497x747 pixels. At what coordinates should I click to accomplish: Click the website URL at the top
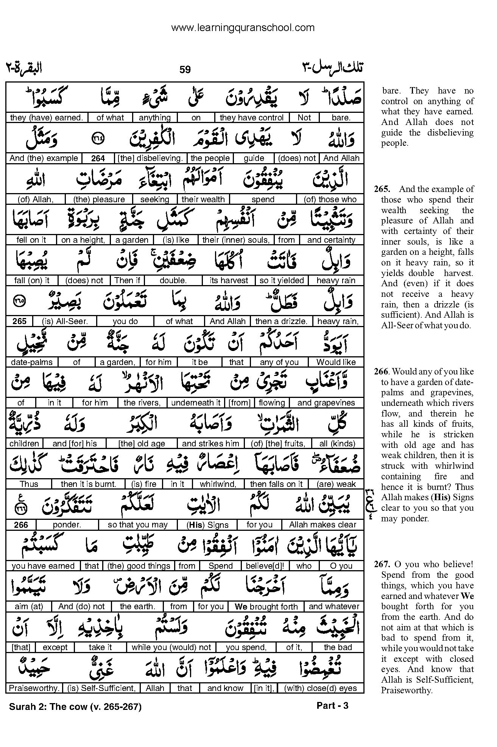coord(243,28)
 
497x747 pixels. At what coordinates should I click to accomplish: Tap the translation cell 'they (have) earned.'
coord(47,118)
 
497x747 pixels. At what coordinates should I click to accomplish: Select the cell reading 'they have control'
coord(251,118)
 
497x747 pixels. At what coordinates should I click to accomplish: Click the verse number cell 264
coord(98,159)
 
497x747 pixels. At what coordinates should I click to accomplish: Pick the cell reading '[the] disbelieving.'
coord(150,159)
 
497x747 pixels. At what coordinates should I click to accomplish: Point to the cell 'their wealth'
coord(203,200)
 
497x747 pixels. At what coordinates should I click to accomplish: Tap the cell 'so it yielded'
coord(282,281)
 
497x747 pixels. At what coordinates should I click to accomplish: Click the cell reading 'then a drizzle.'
coord(280,321)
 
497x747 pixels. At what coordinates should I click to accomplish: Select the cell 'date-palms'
coord(32,362)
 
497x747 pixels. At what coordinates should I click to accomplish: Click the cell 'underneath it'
coord(196,403)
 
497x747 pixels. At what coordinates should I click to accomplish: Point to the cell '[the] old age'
coord(142,444)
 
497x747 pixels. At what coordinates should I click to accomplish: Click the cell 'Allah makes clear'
coord(323,525)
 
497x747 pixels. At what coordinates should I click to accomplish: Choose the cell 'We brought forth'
coord(266,607)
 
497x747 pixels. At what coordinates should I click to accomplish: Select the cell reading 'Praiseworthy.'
coord(34,688)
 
